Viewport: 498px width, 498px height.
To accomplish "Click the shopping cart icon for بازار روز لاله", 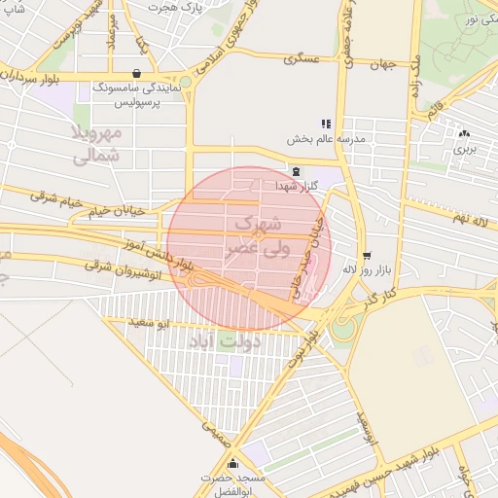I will pos(366,256).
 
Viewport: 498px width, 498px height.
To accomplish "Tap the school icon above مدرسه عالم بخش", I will pos(326,124).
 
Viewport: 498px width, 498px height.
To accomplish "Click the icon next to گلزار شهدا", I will pos(296,171).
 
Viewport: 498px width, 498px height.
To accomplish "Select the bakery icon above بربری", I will pos(464,134).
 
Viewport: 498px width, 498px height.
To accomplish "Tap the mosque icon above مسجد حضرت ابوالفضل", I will pos(231,464).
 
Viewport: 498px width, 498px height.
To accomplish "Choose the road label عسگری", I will pos(302,59).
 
